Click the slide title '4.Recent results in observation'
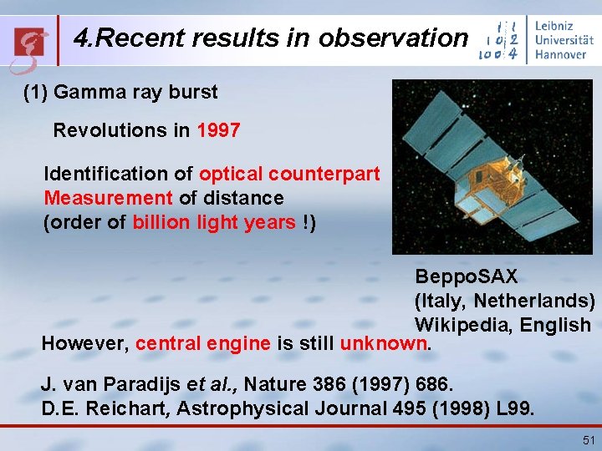pyautogui.click(x=270, y=38)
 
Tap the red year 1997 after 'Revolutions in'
pyautogui.click(x=218, y=131)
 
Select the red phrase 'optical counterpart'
pyautogui.click(x=289, y=175)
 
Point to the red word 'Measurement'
pyautogui.click(x=109, y=199)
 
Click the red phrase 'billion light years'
pyautogui.click(x=213, y=223)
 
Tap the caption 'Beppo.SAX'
pyautogui.click(x=467, y=276)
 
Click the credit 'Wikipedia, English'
pyautogui.click(x=503, y=325)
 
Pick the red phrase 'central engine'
pyautogui.click(x=202, y=343)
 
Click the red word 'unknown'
pyautogui.click(x=384, y=343)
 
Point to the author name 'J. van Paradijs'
pyautogui.click(x=99, y=386)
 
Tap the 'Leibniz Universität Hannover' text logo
pyautogui.click(x=559, y=39)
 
